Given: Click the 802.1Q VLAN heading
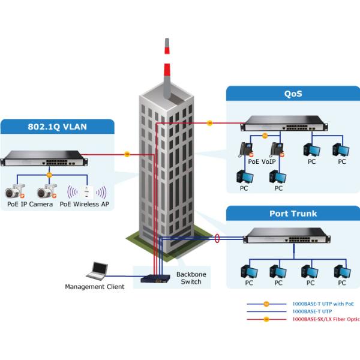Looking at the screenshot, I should pos(58,127).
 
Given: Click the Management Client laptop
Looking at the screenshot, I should pos(97,271).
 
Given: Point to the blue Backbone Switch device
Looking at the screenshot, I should pos(155,278).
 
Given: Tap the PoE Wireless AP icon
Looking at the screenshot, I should pos(88,192).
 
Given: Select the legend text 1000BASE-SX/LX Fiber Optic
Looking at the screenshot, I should pos(325,319).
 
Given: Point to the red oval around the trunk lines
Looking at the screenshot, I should pos(217,239).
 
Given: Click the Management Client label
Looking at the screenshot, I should pos(95,287).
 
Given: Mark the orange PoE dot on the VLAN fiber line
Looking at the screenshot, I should pos(127,154).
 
